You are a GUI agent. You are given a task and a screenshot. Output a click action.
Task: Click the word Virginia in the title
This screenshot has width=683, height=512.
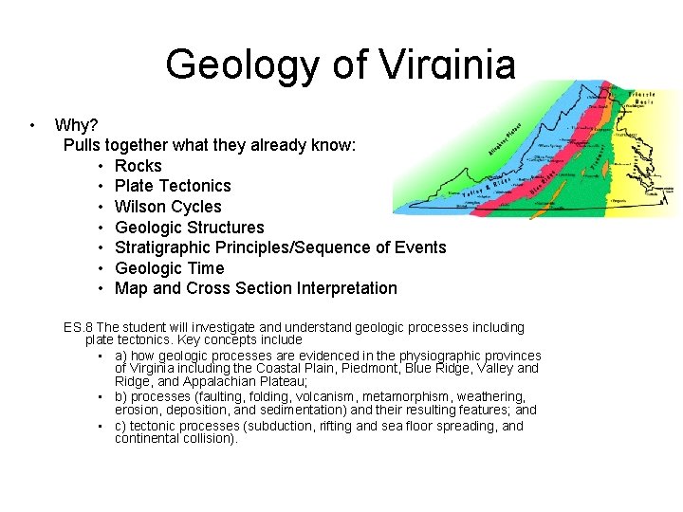pyautogui.click(x=448, y=64)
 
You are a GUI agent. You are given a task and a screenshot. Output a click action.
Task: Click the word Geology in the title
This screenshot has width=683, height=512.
pyautogui.click(x=243, y=64)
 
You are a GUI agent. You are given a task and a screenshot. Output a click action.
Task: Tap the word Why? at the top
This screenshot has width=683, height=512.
pyautogui.click(x=76, y=125)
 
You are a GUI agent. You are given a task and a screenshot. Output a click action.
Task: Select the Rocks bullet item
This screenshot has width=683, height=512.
pyautogui.click(x=138, y=166)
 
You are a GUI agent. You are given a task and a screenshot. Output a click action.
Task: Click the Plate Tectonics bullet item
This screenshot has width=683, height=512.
pyautogui.click(x=173, y=186)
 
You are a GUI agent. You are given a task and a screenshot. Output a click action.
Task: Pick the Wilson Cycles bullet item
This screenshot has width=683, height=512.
pyautogui.click(x=168, y=207)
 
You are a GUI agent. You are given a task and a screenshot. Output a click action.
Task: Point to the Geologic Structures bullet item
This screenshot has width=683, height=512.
pyautogui.click(x=190, y=228)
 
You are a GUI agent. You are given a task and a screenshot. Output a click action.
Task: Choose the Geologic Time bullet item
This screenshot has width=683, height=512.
pyautogui.click(x=170, y=268)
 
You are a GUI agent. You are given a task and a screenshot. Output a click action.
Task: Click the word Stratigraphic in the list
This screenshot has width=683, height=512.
pyautogui.click(x=164, y=247)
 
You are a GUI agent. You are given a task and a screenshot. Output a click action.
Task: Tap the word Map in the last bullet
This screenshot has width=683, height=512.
pyautogui.click(x=130, y=288)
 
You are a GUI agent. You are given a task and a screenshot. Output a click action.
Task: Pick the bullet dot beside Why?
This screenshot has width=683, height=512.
pyautogui.click(x=32, y=125)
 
